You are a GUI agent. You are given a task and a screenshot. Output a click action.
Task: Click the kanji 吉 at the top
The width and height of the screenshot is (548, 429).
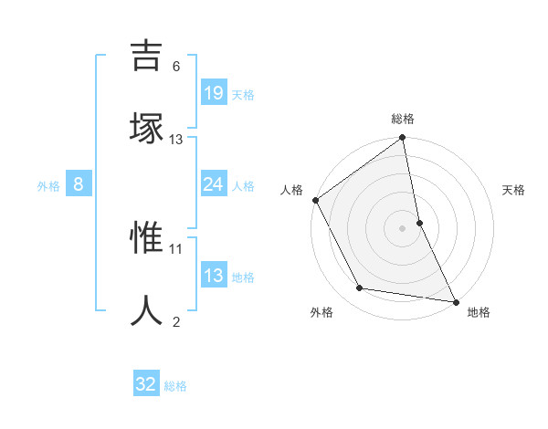[147, 56]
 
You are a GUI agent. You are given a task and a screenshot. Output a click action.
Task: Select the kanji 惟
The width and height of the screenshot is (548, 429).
[147, 240]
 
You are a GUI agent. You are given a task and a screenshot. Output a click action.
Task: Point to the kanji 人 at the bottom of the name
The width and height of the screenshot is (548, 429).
[147, 310]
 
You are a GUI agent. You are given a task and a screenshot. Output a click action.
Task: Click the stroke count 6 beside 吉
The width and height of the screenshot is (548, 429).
[176, 66]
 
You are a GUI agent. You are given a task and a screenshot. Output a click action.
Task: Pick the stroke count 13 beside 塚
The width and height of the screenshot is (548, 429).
[176, 139]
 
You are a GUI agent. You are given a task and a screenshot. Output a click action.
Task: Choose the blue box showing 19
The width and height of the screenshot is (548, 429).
[213, 93]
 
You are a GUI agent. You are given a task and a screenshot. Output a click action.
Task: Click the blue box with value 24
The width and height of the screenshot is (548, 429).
[213, 184]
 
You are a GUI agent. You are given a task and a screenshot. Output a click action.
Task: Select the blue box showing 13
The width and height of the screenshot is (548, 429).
[213, 276]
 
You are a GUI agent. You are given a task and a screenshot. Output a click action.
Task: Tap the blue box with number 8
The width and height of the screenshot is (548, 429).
[79, 184]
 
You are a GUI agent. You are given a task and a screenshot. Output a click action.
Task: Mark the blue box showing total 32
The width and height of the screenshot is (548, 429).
[146, 384]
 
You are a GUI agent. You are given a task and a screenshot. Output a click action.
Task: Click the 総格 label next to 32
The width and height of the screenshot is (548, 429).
[175, 386]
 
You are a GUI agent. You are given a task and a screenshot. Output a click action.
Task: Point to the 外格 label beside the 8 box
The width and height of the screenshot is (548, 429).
[48, 186]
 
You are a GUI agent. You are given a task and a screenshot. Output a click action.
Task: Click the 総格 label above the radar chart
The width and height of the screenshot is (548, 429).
[403, 119]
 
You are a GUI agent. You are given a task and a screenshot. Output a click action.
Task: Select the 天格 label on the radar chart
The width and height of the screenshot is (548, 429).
[514, 190]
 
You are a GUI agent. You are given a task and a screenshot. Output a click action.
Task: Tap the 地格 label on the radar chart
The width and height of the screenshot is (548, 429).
[479, 312]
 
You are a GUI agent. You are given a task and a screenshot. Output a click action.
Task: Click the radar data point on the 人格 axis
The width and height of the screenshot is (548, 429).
[316, 200]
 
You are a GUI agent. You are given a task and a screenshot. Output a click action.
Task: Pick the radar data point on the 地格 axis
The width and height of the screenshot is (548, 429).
[456, 301]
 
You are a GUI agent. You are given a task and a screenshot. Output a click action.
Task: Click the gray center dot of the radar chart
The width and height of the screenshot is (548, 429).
[403, 228]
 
